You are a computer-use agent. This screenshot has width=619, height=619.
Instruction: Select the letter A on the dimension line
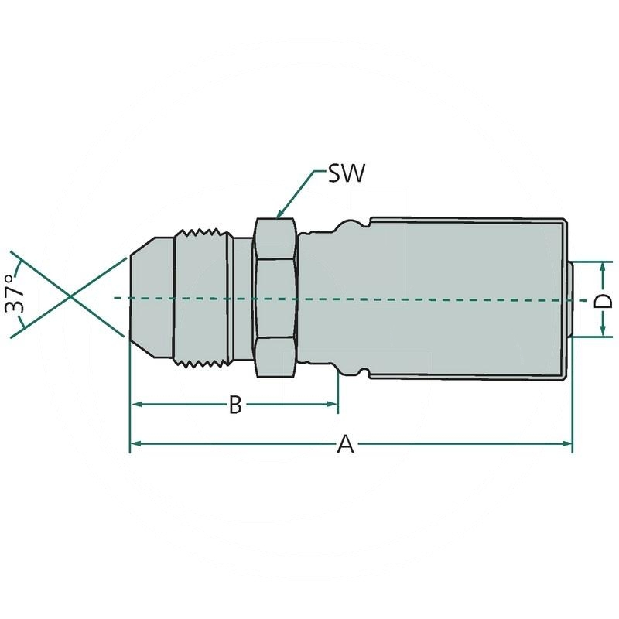coord(346,444)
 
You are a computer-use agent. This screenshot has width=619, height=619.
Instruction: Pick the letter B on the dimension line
coord(235,405)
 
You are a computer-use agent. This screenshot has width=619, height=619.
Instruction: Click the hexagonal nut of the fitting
coord(275,298)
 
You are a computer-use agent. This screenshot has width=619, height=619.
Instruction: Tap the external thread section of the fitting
coord(203,298)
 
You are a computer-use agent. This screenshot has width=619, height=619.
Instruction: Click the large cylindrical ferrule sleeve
coord(468,298)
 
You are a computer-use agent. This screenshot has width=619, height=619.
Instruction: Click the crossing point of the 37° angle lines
coord(69,298)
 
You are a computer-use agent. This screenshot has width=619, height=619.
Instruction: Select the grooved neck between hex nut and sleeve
coord(333,298)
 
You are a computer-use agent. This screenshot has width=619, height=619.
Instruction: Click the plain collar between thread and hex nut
coord(242,298)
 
